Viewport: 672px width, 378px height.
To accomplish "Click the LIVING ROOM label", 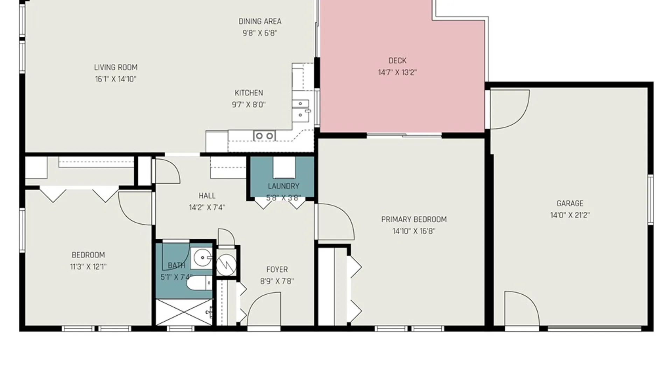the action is [115, 67].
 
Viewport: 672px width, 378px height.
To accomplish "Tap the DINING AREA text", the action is [260, 21].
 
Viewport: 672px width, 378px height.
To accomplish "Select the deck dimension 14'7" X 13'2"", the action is [397, 72].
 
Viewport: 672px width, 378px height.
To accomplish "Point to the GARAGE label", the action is [570, 203].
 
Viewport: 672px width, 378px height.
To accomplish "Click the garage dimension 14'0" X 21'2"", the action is [570, 215].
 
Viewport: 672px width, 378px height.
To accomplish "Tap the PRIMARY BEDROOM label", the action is [414, 219].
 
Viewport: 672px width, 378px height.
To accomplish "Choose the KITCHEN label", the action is [248, 93].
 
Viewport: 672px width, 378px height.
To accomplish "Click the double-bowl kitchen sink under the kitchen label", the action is [264, 135].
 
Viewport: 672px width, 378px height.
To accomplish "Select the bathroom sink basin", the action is [202, 258].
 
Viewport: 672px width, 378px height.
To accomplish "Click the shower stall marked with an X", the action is [184, 312].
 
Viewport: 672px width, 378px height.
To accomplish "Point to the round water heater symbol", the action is [226, 264].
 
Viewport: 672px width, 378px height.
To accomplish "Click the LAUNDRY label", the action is [283, 186].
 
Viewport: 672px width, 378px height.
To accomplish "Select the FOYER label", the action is [277, 269].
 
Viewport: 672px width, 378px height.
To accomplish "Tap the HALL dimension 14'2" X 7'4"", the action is [207, 208].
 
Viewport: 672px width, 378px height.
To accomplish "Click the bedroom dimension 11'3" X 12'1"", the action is [88, 267].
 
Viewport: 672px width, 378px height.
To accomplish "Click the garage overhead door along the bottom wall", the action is [594, 328].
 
